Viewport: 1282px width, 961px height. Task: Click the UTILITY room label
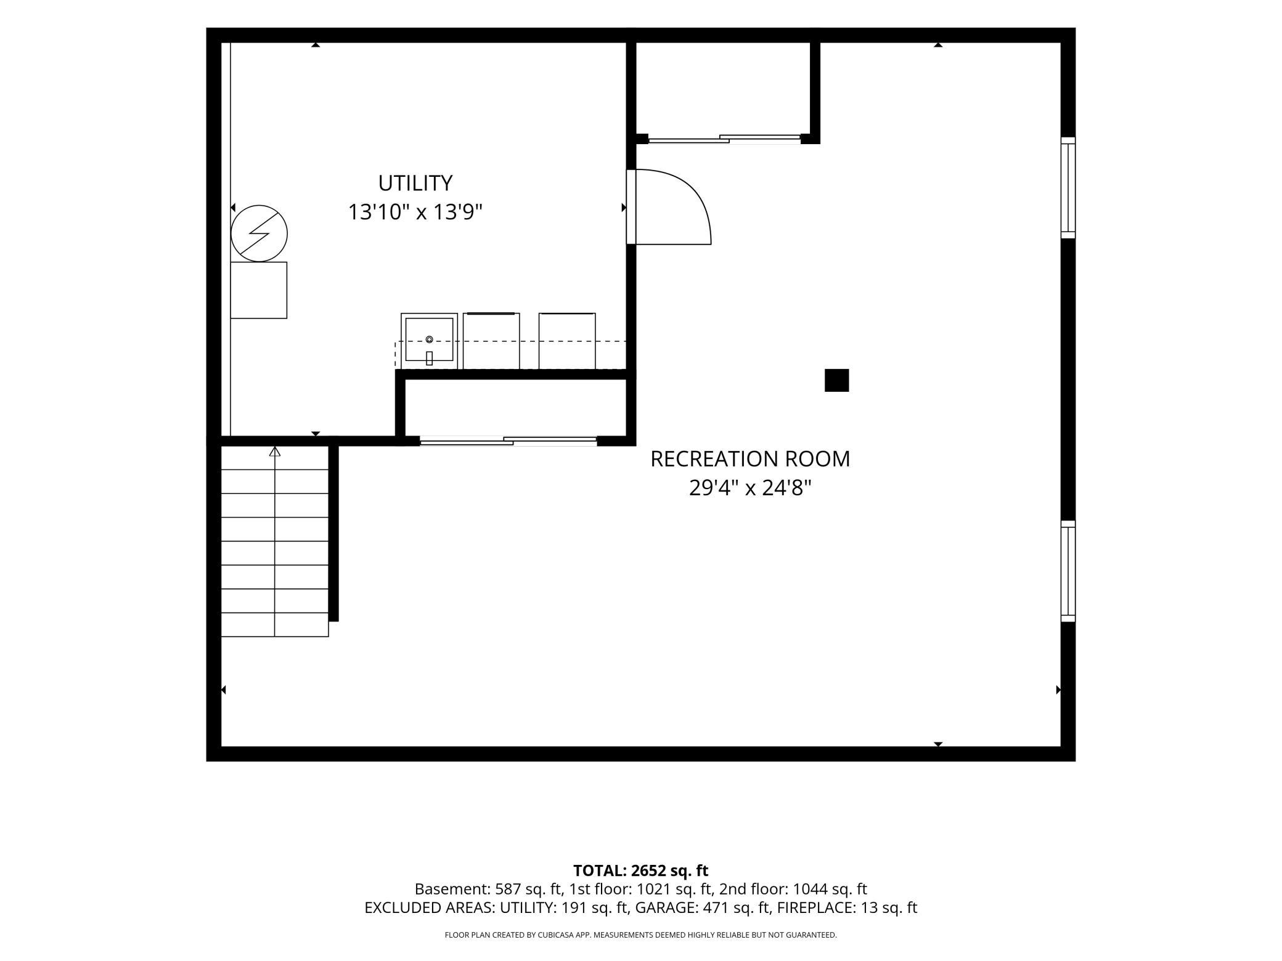pyautogui.click(x=415, y=183)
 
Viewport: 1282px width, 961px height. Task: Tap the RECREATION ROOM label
pyautogui.click(x=750, y=459)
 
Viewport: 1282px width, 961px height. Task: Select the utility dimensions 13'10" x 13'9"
pyautogui.click(x=415, y=212)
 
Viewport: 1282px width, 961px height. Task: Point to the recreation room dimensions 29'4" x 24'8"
pyautogui.click(x=750, y=488)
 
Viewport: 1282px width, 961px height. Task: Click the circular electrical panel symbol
pyautogui.click(x=259, y=233)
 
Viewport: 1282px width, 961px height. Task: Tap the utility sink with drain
pyautogui.click(x=429, y=341)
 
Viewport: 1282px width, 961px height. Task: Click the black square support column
pyautogui.click(x=836, y=380)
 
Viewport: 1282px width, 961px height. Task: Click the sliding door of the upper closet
pyautogui.click(x=724, y=139)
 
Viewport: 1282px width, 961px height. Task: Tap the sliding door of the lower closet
pyautogui.click(x=508, y=440)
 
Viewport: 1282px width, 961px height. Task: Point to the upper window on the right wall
pyautogui.click(x=1068, y=187)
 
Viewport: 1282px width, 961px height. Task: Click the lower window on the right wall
pyautogui.click(x=1068, y=571)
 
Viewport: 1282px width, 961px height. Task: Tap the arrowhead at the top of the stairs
pyautogui.click(x=275, y=452)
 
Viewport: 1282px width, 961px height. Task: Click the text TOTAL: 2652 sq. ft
pyautogui.click(x=640, y=870)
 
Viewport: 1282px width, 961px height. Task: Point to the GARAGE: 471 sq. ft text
pyautogui.click(x=703, y=907)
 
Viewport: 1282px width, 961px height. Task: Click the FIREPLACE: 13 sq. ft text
pyautogui.click(x=847, y=907)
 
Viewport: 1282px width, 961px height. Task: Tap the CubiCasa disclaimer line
pyautogui.click(x=640, y=935)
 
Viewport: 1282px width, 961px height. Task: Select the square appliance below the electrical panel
pyautogui.click(x=259, y=290)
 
